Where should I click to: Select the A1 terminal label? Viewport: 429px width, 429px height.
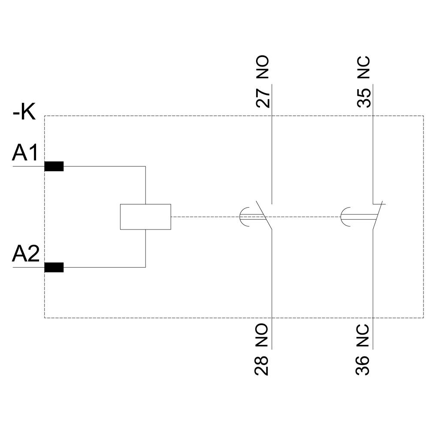pos(25,153)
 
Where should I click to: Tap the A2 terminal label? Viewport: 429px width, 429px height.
pos(26,254)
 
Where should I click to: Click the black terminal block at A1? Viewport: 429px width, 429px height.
pos(54,166)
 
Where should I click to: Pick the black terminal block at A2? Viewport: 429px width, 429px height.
pos(54,267)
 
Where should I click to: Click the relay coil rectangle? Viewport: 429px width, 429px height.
pos(145,217)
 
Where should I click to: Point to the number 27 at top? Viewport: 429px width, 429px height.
pos(263,98)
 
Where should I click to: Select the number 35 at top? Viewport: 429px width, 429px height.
pos(364,98)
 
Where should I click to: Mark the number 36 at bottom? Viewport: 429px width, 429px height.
pos(363,365)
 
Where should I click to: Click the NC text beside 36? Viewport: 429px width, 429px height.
pos(363,335)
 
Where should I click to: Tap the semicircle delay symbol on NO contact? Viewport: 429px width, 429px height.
pos(242,216)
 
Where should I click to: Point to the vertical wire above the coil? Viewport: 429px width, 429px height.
pos(145,184)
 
